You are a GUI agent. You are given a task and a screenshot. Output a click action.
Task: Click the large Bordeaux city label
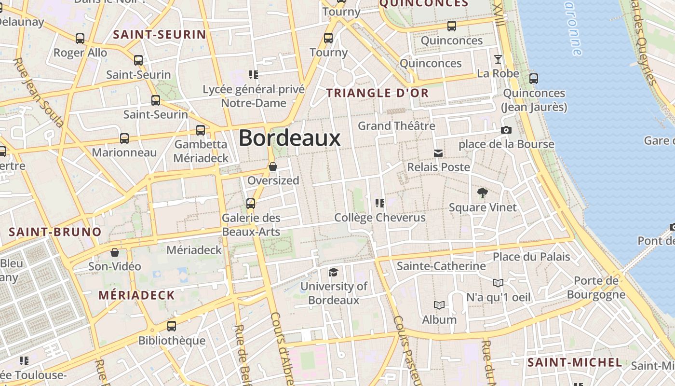click(290, 138)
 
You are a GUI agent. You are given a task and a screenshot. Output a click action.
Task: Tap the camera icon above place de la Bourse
click(506, 130)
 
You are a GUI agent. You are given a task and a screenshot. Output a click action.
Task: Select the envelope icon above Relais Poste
click(438, 153)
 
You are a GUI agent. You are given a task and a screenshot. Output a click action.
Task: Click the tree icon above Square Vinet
click(482, 193)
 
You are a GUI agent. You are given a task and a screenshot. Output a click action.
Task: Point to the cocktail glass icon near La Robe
click(498, 59)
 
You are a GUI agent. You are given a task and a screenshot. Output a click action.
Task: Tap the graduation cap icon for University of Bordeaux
click(333, 273)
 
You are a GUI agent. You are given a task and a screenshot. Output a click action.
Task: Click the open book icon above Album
click(439, 305)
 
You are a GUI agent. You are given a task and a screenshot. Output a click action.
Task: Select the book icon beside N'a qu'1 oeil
click(498, 283)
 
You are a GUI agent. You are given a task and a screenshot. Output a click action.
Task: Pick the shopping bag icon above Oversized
click(273, 166)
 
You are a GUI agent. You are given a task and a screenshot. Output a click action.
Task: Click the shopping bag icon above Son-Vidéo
click(115, 252)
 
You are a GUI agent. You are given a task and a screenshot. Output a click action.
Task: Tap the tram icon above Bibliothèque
click(172, 326)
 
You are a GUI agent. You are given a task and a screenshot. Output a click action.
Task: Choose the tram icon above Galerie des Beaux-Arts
click(251, 204)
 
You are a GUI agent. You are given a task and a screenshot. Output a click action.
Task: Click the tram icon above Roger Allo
click(80, 39)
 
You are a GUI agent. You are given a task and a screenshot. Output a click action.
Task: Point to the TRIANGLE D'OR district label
click(378, 93)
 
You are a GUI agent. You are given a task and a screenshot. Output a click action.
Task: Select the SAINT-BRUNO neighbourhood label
click(55, 232)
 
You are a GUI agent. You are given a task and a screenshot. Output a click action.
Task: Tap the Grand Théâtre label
click(396, 126)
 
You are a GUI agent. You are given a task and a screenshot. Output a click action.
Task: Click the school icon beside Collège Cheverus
click(380, 203)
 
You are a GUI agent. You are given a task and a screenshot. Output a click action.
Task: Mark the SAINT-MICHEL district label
click(575, 362)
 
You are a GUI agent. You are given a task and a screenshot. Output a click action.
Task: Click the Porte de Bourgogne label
click(596, 288)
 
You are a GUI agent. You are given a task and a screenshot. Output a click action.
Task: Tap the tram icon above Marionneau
click(124, 138)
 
